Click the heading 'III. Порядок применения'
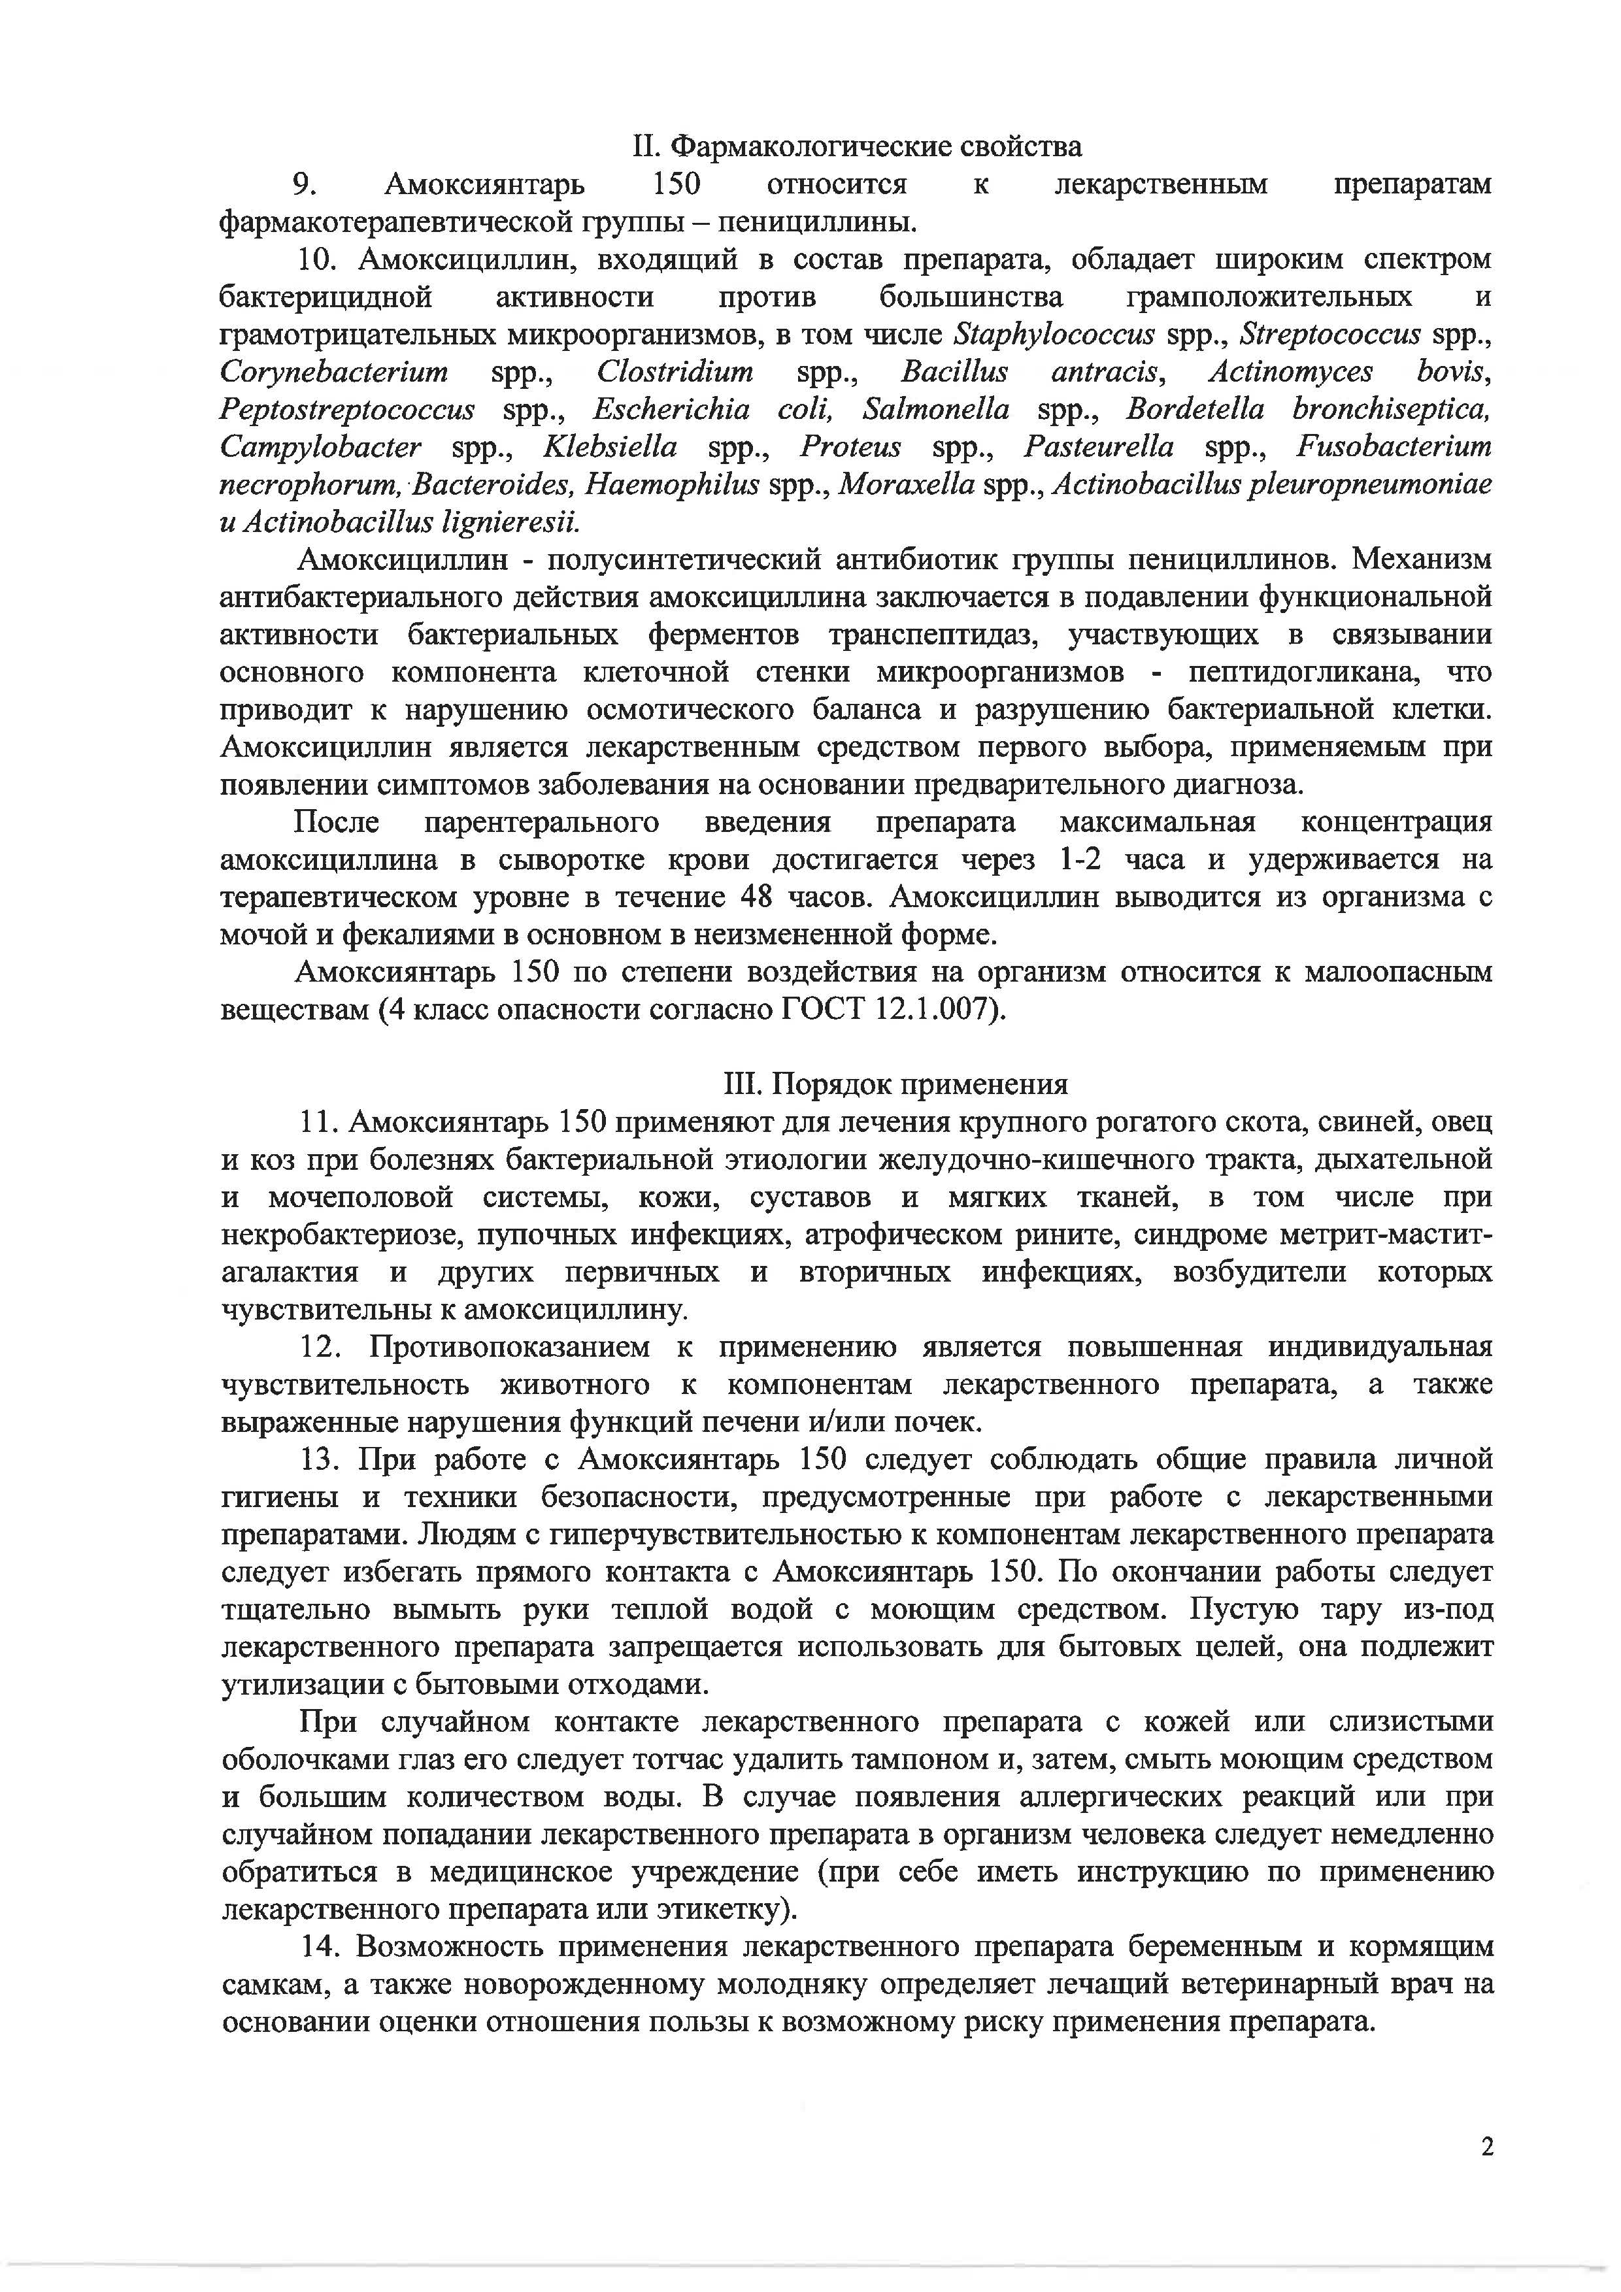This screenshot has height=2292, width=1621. (x=895, y=1084)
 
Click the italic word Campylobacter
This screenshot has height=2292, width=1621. (x=320, y=447)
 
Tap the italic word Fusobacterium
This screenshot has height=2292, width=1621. (x=1394, y=447)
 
